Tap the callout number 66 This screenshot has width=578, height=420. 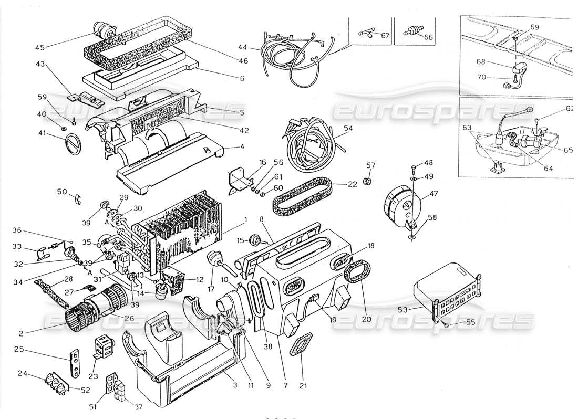tap(428, 37)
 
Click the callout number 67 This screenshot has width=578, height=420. tap(385, 36)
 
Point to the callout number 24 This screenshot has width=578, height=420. tap(37, 374)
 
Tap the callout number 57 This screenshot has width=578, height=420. tap(371, 166)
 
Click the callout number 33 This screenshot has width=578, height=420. tap(32, 246)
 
